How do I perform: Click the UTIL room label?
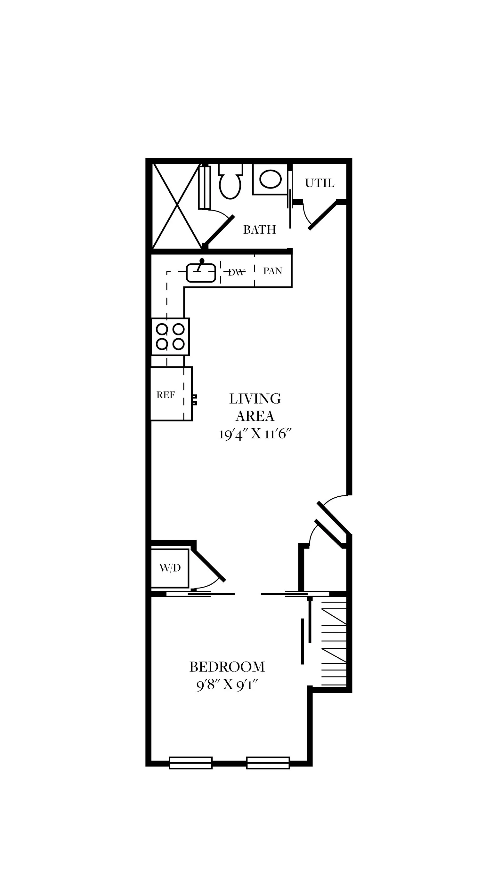(x=319, y=183)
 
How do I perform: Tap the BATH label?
(x=260, y=229)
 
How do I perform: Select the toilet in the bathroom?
(x=230, y=181)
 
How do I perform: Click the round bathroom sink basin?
(x=271, y=179)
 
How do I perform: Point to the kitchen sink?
(x=201, y=272)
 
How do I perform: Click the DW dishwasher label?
(x=237, y=272)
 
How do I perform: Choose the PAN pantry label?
(x=273, y=271)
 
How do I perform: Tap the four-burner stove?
(x=170, y=337)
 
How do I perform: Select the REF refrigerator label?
(x=166, y=395)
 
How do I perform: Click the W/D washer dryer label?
(x=170, y=568)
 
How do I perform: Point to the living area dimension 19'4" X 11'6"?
(x=255, y=434)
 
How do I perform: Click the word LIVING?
(x=255, y=399)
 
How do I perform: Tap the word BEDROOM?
(x=227, y=667)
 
